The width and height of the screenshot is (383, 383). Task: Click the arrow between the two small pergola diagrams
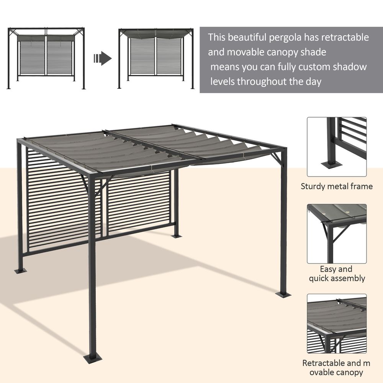(x=102, y=58)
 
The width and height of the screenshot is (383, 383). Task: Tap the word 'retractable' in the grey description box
(x=345, y=38)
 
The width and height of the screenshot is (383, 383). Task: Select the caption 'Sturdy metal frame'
(x=337, y=187)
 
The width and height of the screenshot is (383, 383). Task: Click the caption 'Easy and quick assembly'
(x=337, y=274)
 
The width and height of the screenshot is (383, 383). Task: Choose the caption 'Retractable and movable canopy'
(x=337, y=368)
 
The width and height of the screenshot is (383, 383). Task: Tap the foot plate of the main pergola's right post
(x=283, y=295)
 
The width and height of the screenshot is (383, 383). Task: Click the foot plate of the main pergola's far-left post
(x=21, y=271)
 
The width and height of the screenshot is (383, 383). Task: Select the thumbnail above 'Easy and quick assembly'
(x=337, y=234)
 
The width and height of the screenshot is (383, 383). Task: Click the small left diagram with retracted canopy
(x=46, y=58)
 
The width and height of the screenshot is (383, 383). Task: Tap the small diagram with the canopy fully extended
(x=156, y=58)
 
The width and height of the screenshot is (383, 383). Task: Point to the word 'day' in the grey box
(x=313, y=82)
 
